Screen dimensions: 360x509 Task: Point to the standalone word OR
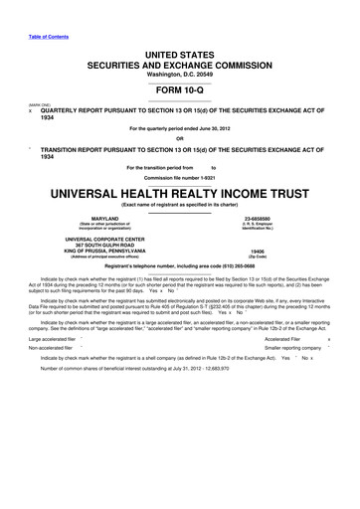coord(179,138)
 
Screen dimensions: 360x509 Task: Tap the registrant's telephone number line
coord(179,270)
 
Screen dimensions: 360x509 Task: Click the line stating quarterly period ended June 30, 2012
coord(179,128)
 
